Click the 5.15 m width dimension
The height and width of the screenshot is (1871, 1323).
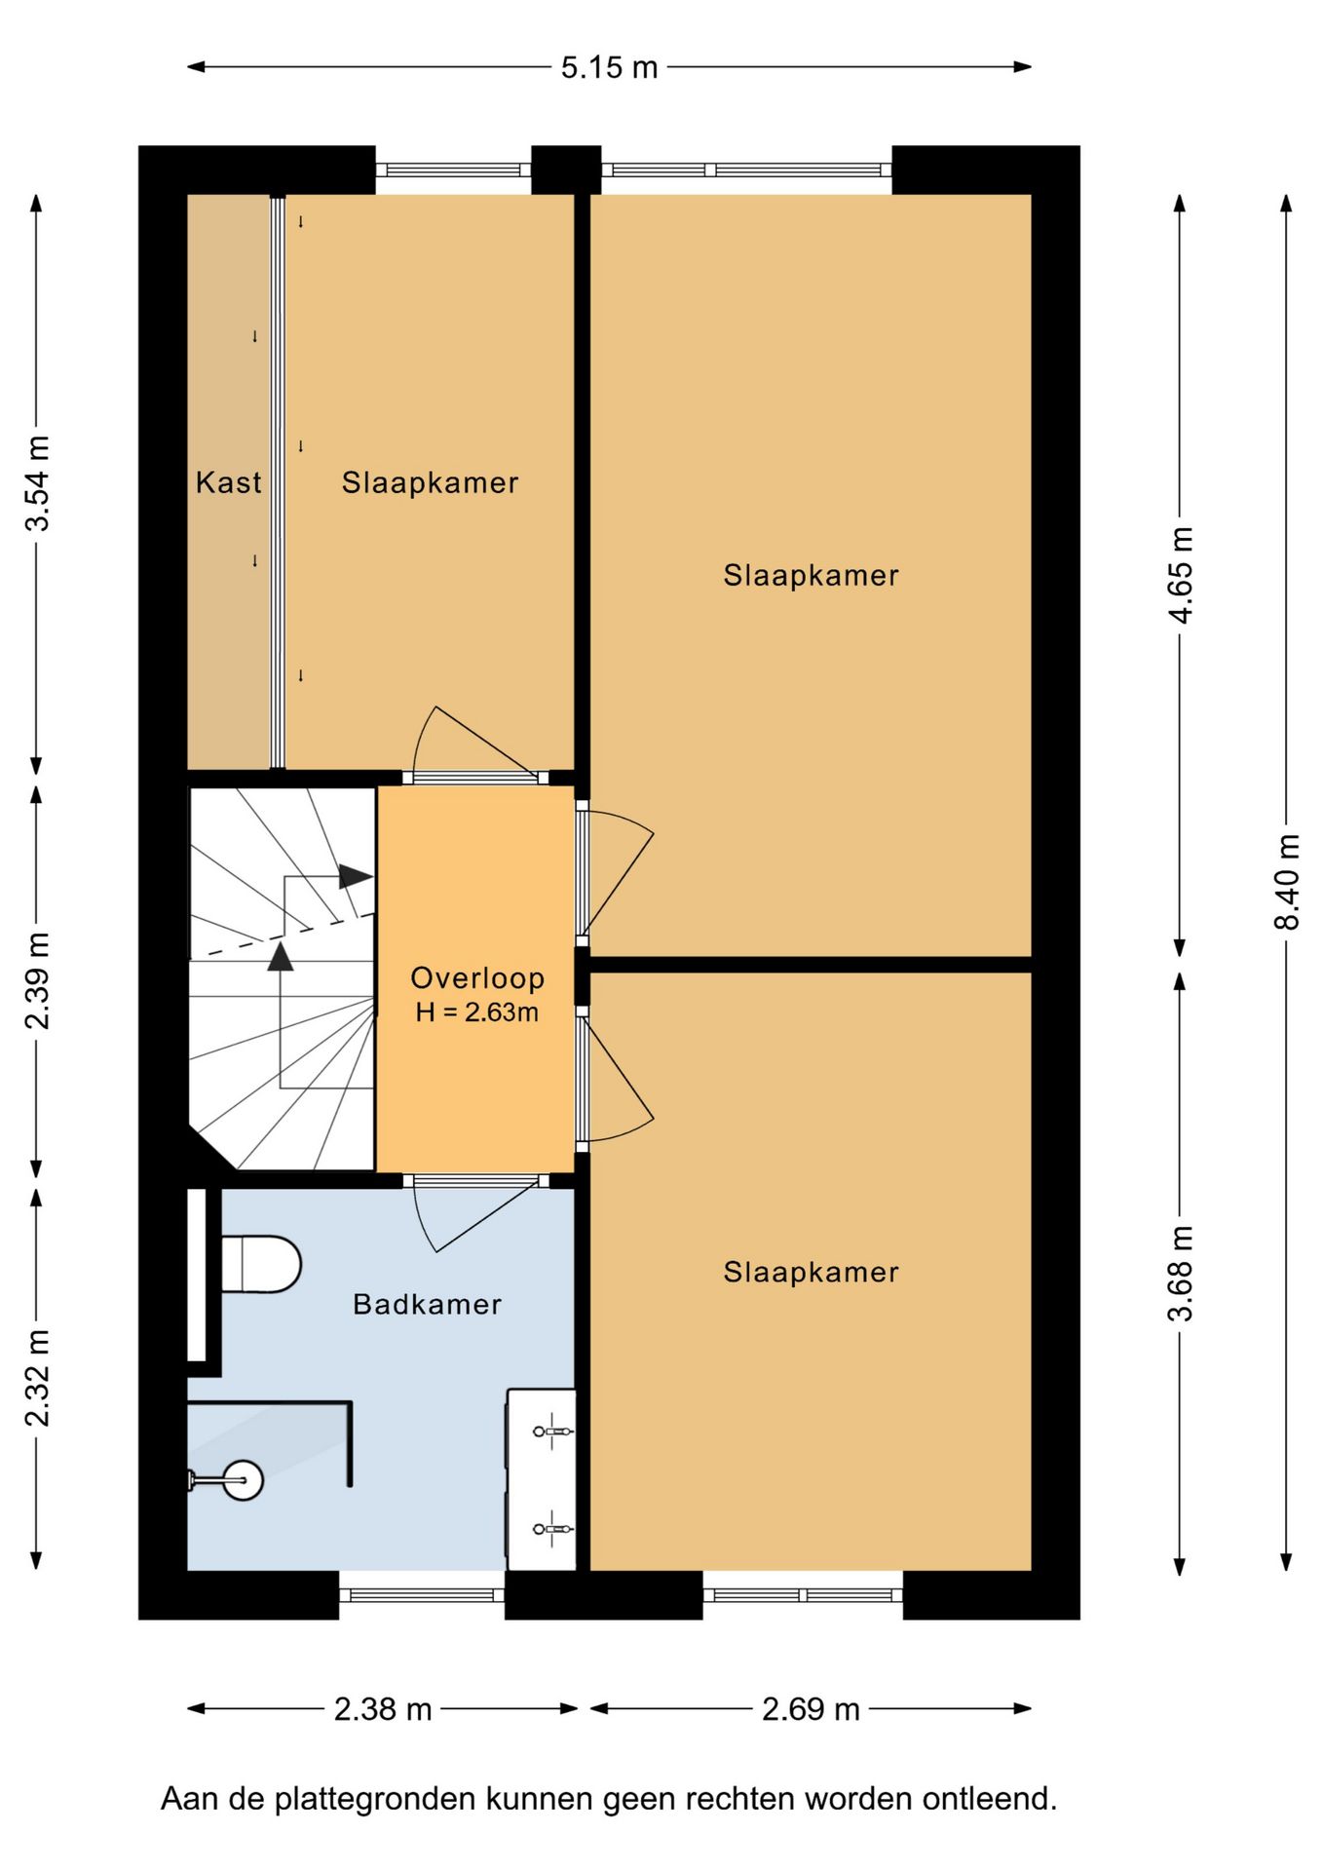pos(609,67)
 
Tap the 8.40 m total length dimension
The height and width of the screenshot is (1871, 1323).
pos(1287,882)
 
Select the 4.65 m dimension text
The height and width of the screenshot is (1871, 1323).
pos(1181,575)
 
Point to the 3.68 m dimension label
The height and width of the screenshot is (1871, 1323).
pos(1181,1273)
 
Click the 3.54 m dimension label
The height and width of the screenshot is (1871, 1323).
pos(37,483)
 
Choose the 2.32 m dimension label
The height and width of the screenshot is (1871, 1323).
pos(37,1378)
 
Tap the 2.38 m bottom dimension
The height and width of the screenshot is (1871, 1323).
pos(383,1709)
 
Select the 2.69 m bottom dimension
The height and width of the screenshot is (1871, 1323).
pos(811,1709)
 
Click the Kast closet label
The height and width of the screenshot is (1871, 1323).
pos(228,482)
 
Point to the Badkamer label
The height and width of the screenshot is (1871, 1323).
pos(428,1304)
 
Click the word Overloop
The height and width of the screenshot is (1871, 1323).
pos(477,978)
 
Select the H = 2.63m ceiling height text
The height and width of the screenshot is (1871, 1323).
pos(477,1012)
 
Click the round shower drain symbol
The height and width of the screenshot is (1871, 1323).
pos(242,1481)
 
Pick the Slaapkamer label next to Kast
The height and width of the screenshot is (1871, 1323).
pos(430,482)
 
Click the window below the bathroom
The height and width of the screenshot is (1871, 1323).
pos(422,1595)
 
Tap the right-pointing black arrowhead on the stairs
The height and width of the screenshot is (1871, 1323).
pos(356,877)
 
